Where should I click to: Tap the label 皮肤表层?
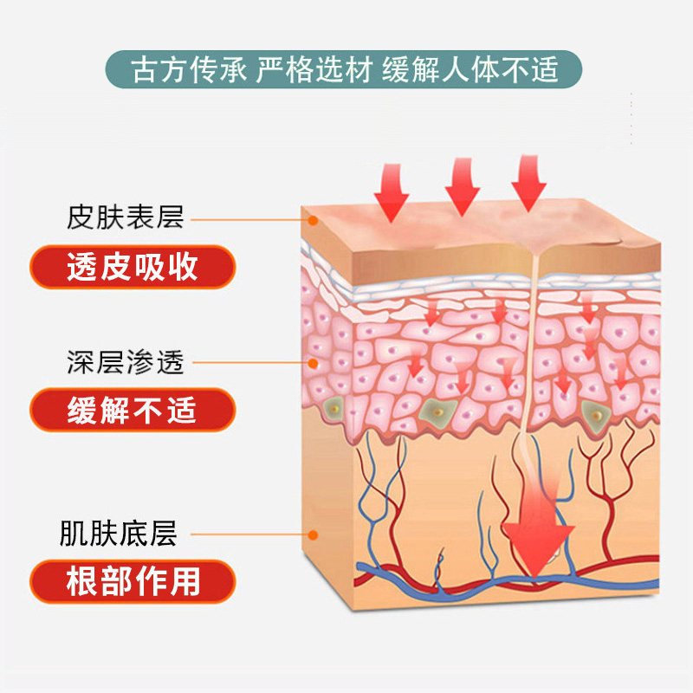tap(126, 216)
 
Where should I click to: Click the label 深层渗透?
tap(126, 361)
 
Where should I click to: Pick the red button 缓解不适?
tap(133, 410)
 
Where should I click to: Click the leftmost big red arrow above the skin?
tap(391, 191)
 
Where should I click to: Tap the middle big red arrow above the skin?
tap(462, 185)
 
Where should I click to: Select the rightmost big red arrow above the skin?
tap(528, 183)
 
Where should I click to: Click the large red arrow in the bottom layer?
tap(538, 528)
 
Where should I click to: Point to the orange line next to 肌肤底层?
tap(251, 535)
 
